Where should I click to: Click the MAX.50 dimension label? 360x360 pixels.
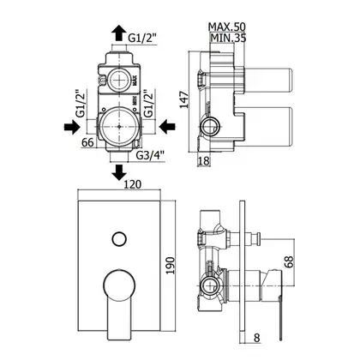(x=227, y=27)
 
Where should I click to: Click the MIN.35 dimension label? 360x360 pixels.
(x=228, y=38)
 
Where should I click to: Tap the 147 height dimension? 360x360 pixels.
(x=185, y=99)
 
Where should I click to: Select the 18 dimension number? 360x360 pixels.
(x=204, y=160)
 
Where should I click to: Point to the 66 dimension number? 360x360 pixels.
(x=87, y=142)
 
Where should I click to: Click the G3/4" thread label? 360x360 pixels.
(x=150, y=155)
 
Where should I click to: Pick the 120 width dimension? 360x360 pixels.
(x=132, y=184)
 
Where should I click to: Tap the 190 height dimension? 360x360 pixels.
(x=171, y=266)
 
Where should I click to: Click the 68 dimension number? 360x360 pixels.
(x=289, y=261)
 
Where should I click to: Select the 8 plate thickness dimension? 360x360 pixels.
(x=257, y=338)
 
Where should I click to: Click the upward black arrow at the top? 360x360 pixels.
(x=118, y=33)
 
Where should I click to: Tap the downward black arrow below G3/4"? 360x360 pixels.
(x=118, y=172)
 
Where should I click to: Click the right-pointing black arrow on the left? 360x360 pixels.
(x=71, y=127)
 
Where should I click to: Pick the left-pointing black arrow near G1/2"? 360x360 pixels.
(x=167, y=127)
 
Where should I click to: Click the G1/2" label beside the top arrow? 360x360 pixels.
(x=142, y=38)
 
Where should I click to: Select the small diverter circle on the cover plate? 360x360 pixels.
(x=119, y=238)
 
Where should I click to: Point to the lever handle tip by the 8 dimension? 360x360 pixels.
(x=281, y=339)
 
